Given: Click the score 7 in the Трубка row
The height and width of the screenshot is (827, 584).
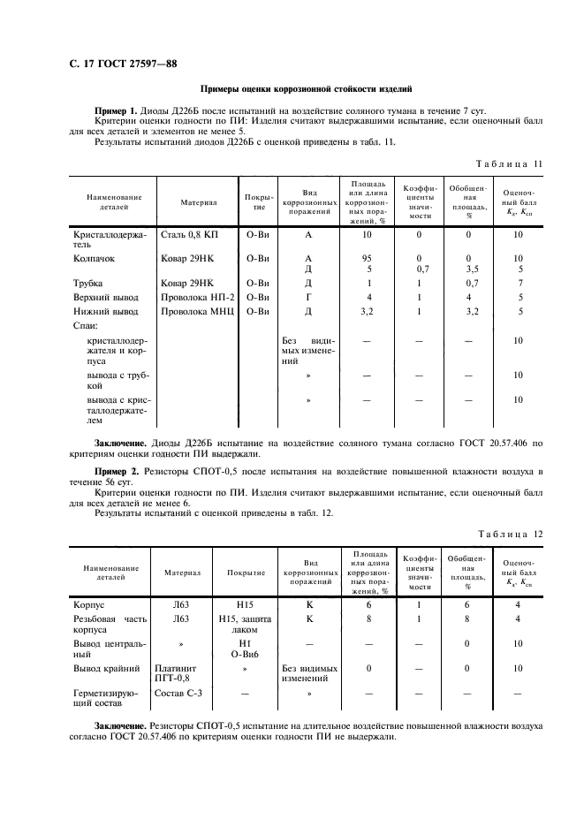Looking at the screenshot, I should pyautogui.click(x=519, y=283).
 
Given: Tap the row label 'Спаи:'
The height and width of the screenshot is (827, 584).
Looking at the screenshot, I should pyautogui.click(x=86, y=326).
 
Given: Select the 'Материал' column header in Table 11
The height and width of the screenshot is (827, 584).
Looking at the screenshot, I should pyautogui.click(x=199, y=202).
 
